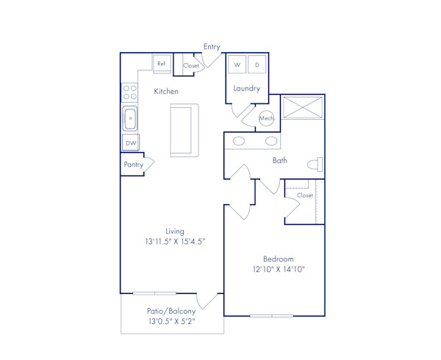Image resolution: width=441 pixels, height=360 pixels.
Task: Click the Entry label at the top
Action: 212,47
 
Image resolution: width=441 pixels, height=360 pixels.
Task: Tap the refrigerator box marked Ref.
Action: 162,64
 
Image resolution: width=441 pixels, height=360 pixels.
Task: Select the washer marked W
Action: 237,65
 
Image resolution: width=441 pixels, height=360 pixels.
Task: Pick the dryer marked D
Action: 257,65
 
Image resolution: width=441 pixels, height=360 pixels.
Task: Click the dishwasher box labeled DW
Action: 130,143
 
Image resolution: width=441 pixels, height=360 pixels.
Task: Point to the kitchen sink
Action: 130,117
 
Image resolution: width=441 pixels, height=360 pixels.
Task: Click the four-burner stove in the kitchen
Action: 130,92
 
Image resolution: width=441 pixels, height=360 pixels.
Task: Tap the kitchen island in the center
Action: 184,129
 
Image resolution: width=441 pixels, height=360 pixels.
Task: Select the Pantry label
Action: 133,165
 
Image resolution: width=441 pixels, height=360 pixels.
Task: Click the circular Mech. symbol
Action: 266,118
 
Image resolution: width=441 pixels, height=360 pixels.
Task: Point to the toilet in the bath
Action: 315,163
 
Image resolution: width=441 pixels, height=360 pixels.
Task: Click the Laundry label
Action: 247,88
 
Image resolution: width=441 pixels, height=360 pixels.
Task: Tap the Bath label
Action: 280,160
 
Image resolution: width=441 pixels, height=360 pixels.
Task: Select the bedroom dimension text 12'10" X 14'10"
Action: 279,269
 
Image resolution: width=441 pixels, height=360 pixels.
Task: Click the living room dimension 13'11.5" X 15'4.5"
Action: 174,241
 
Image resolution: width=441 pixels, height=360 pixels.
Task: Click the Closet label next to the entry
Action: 191,65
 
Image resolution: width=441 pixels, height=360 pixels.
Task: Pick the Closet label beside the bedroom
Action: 304,195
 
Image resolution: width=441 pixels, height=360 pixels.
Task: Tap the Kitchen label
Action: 166,92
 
